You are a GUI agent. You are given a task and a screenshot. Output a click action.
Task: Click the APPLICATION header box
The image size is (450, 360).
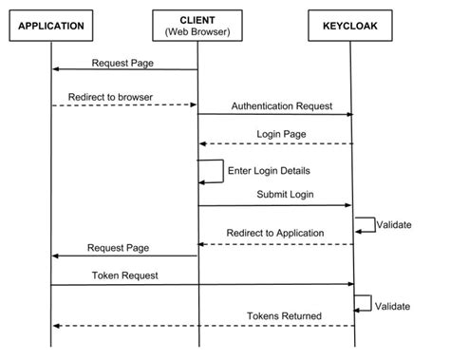(x=52, y=26)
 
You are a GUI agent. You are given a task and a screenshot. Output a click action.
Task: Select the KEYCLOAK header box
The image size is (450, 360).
(x=350, y=26)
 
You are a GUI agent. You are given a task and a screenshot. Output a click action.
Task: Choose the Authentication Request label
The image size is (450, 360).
(x=281, y=105)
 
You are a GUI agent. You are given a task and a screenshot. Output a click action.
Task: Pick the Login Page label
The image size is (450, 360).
(x=281, y=135)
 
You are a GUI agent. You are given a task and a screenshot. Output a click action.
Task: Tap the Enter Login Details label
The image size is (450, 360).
(x=270, y=171)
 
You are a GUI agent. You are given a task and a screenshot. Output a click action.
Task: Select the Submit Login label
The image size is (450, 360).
(x=285, y=194)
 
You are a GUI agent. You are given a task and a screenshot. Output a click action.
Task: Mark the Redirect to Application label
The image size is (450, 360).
(x=275, y=233)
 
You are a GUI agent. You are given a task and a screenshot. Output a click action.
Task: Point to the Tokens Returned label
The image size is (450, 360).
(x=281, y=315)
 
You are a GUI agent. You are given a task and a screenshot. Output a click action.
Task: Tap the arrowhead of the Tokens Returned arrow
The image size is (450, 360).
(x=57, y=326)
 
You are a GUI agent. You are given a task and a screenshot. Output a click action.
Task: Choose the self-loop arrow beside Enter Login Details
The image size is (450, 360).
(x=215, y=171)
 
